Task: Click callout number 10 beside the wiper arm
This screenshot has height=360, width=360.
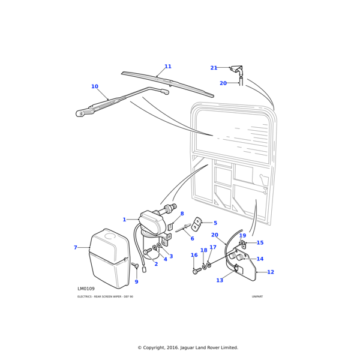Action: tap(94, 87)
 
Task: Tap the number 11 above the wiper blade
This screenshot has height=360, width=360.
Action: tap(168, 67)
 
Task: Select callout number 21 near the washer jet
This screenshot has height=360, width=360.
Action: tap(214, 68)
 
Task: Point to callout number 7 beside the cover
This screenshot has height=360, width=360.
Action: tap(76, 247)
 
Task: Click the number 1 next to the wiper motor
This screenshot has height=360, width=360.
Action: tap(124, 220)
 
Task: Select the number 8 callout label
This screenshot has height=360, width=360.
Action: tap(182, 214)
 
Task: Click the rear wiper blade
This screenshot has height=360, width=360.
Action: tap(168, 82)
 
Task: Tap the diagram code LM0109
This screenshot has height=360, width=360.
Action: tap(86, 289)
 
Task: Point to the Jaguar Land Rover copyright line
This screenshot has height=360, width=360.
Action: tap(179, 347)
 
